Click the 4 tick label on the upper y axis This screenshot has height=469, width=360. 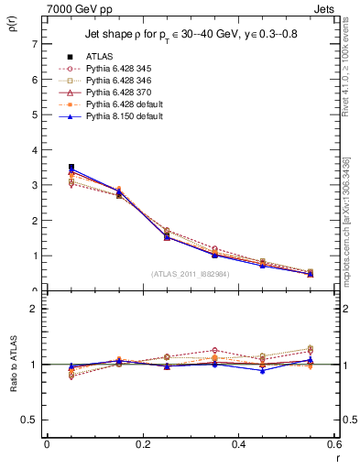coord(34,150)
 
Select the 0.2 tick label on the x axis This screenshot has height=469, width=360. coord(142,444)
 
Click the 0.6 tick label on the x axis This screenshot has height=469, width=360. coord(333,444)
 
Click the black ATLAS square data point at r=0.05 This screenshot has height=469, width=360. coord(71,168)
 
